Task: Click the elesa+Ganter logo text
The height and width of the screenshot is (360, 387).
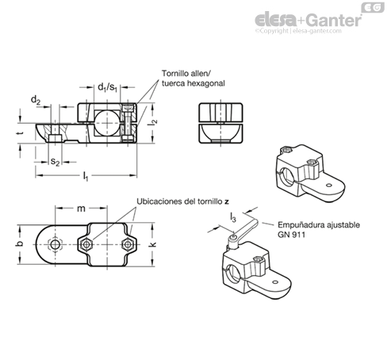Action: pyautogui.click(x=308, y=20)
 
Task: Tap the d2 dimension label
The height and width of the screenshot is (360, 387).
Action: pyautogui.click(x=36, y=100)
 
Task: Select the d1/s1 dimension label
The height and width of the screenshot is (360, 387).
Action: pyautogui.click(x=107, y=87)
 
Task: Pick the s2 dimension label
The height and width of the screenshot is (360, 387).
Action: pyautogui.click(x=55, y=162)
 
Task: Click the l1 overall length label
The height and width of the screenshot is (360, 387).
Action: pyautogui.click(x=86, y=176)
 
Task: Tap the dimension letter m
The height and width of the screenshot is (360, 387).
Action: pyautogui.click(x=81, y=209)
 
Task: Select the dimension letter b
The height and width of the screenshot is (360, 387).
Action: pyautogui.click(x=19, y=243)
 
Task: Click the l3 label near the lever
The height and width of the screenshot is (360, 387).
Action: pyautogui.click(x=233, y=217)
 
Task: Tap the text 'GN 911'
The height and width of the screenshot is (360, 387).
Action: pyautogui.click(x=291, y=235)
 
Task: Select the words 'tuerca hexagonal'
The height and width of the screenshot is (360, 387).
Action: pyautogui.click(x=193, y=83)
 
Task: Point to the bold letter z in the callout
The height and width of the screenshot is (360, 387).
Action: pyautogui.click(x=227, y=201)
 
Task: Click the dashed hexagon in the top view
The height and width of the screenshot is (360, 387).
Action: pyautogui.click(x=55, y=244)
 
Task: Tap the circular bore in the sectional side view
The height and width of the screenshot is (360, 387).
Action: pyautogui.click(x=108, y=123)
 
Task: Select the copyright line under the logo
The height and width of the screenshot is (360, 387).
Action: pyautogui.click(x=298, y=31)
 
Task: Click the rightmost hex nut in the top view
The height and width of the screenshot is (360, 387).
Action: pyautogui.click(x=128, y=244)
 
